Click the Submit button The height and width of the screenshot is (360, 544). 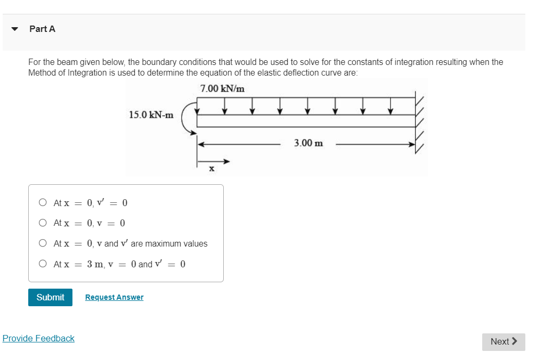[x=50, y=297]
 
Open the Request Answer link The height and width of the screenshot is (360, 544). [x=114, y=297]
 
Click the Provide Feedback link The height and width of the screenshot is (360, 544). [x=38, y=338]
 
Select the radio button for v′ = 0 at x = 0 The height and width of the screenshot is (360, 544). [x=43, y=202]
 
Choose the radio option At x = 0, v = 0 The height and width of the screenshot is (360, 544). [x=43, y=223]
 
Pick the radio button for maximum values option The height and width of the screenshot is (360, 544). [x=43, y=243]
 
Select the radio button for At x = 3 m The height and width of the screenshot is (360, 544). [x=43, y=264]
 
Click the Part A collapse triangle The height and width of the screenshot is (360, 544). [x=15, y=29]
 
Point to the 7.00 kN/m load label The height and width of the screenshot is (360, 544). [x=222, y=88]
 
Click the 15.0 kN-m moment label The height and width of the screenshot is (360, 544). [x=151, y=114]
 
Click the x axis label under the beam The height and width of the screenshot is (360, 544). [x=211, y=169]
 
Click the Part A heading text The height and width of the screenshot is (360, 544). [x=42, y=29]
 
